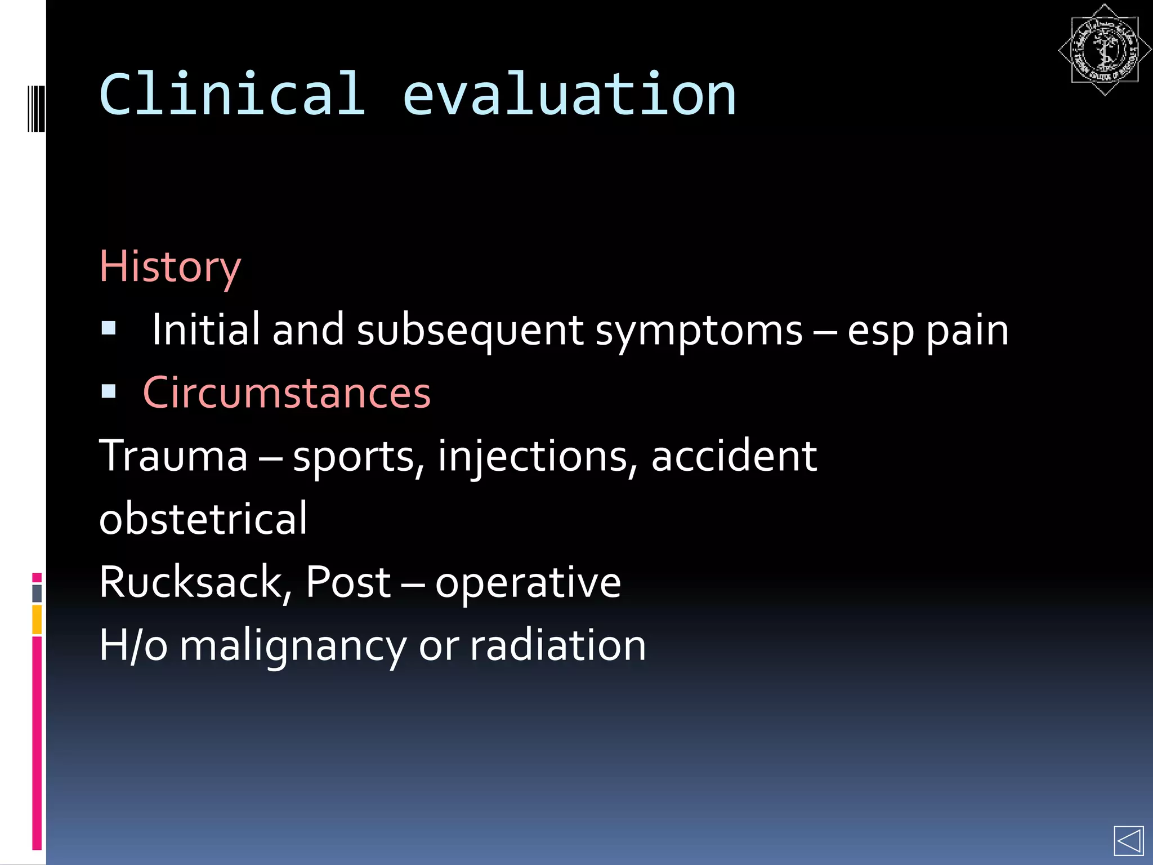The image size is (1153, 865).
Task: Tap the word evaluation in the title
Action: coord(569,96)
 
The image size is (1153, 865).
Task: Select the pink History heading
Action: coord(170,267)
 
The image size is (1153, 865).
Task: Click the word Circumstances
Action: coord(287,393)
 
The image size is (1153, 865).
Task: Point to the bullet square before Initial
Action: coord(109,328)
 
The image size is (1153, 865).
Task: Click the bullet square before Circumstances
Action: coord(109,391)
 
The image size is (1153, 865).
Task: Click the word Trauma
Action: coord(173,456)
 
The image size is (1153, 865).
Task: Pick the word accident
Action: coord(734,456)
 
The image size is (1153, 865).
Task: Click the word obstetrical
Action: coord(203,519)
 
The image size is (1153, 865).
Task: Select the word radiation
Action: coord(558,645)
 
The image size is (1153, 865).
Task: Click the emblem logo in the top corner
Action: coord(1104,50)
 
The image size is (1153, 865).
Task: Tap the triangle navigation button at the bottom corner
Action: coord(1128,841)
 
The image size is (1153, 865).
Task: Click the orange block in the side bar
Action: coord(37,619)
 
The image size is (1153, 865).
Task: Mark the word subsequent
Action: coord(470,331)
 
